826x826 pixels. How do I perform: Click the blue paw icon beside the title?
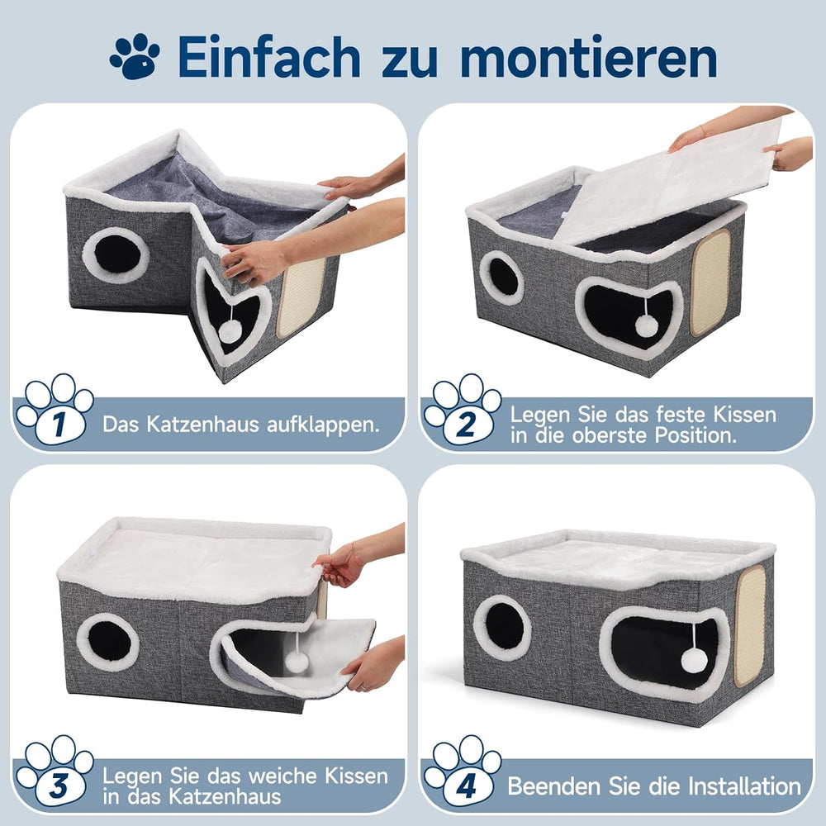(135, 56)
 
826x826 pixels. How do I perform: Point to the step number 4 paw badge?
(463, 772)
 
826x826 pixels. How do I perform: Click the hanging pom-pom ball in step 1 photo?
(230, 332)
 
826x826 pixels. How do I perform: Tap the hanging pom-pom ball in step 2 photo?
(646, 325)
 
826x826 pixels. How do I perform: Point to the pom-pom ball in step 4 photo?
(694, 659)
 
